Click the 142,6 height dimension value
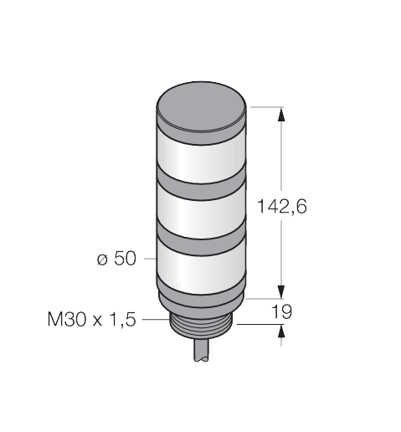tap(281, 207)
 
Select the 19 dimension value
tap(281, 311)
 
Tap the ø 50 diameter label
tap(116, 258)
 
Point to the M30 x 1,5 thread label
tap(91, 319)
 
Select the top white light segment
tap(201, 161)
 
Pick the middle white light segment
tap(201, 215)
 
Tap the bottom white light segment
tap(201, 270)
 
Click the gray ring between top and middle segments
tap(201, 187)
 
